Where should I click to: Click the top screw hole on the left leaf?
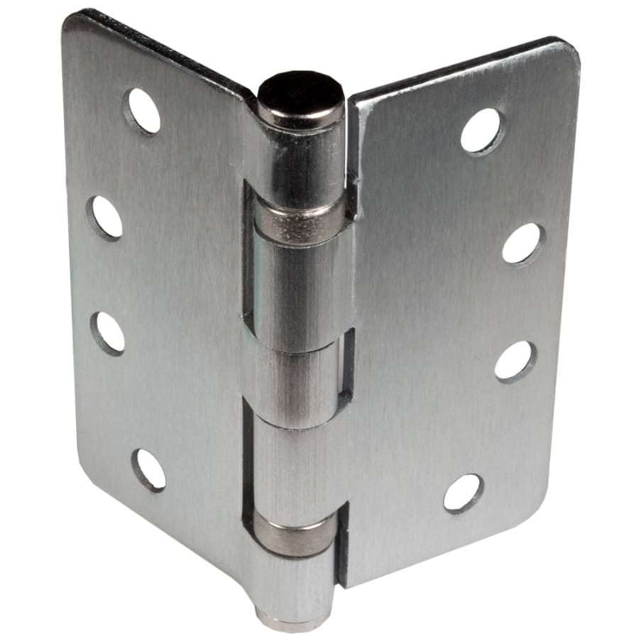click(143, 110)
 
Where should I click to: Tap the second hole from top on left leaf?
click(105, 217)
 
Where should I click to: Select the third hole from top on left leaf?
click(108, 333)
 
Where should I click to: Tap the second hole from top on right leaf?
click(523, 244)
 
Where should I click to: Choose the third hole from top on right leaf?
click(515, 361)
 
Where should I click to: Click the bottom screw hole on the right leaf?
click(464, 493)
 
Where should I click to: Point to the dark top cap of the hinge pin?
click(300, 96)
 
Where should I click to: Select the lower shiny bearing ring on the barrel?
click(295, 534)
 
